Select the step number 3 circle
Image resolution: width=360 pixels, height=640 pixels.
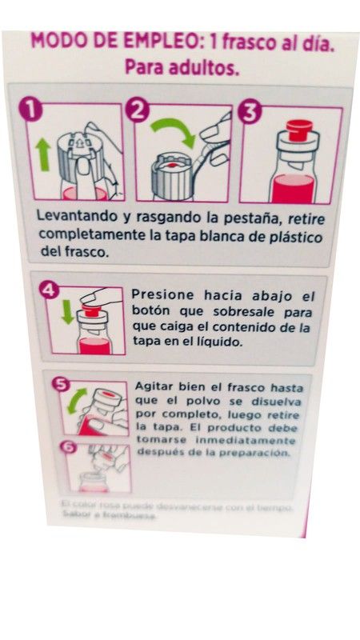(249, 113)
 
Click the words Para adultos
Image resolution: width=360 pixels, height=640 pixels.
(182, 68)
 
